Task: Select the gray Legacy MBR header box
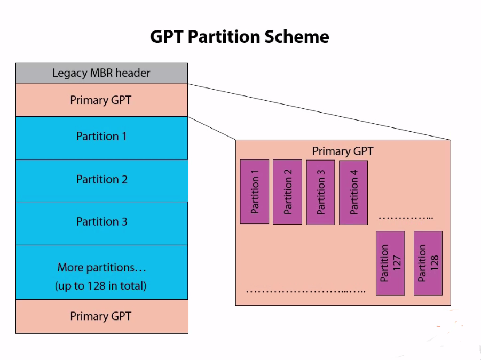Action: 101,73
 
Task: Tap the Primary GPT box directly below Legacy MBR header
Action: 101,100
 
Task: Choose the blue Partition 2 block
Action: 101,180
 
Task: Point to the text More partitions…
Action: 101,267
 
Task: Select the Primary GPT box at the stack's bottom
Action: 101,316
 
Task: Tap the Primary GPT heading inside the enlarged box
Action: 343,151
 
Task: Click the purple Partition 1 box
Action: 255,191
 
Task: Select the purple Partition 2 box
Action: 287,191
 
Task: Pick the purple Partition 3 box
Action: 320,191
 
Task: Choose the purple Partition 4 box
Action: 353,192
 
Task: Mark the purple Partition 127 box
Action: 390,263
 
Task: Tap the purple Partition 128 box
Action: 428,263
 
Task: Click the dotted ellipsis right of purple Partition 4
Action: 405,218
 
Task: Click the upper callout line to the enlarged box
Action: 320,111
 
